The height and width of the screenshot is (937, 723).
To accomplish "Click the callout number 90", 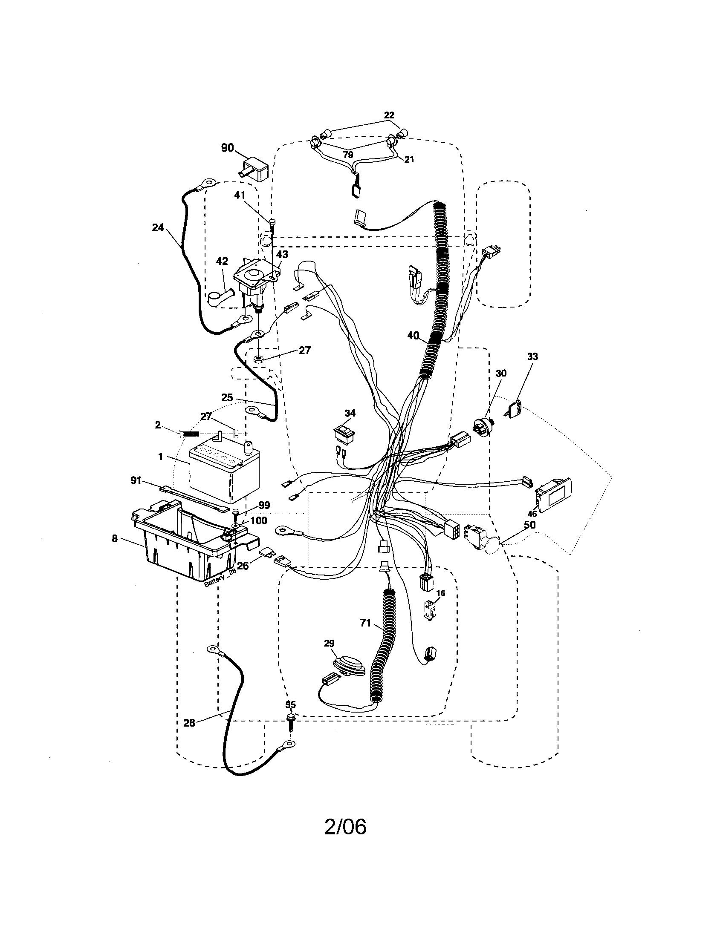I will pyautogui.click(x=227, y=148).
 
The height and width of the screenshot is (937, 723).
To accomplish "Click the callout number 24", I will pyautogui.click(x=158, y=227).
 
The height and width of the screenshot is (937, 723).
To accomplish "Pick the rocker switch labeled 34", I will pyautogui.click(x=345, y=434).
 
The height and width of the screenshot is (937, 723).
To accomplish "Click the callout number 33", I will pyautogui.click(x=532, y=356).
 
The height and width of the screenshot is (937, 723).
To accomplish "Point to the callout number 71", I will pyautogui.click(x=365, y=623).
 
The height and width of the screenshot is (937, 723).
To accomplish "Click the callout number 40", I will pyautogui.click(x=413, y=336).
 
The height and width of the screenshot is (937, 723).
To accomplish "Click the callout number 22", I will pyautogui.click(x=389, y=115).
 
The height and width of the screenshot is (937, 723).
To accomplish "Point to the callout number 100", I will pyautogui.click(x=258, y=520).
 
